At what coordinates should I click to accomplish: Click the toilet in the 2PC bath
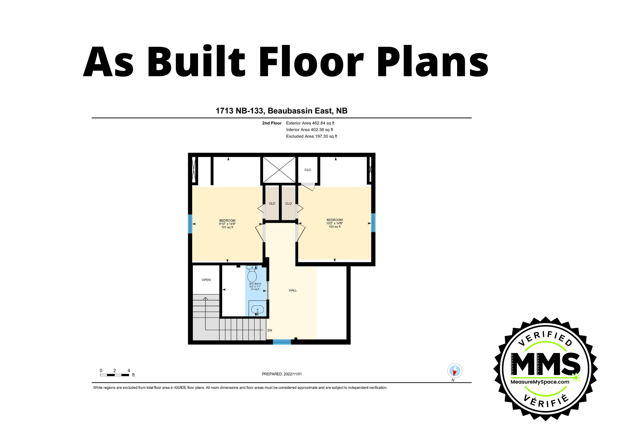click(x=252, y=274)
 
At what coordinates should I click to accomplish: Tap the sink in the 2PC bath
click(x=257, y=309)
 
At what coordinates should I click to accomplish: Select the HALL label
click(x=293, y=290)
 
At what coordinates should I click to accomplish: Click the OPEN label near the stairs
click(x=206, y=280)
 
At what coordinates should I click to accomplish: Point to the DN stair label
click(x=270, y=330)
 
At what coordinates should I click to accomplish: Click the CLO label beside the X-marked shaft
click(x=308, y=170)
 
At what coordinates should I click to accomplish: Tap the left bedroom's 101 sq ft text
click(x=227, y=227)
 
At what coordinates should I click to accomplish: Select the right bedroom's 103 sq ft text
click(x=335, y=227)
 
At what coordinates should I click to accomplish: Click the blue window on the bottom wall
click(x=282, y=342)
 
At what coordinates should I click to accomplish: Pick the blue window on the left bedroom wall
click(x=190, y=224)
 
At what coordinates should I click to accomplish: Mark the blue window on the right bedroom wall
click(x=373, y=222)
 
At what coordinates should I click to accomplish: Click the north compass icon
click(x=454, y=371)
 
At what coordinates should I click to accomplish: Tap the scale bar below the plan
click(x=115, y=375)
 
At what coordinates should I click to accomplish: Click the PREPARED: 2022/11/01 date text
click(x=282, y=374)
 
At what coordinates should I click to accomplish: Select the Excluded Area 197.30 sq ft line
click(x=311, y=136)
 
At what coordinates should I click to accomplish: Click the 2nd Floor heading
click(x=272, y=123)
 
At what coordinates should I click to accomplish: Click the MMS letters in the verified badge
click(x=545, y=365)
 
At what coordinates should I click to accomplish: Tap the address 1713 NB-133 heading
click(x=281, y=111)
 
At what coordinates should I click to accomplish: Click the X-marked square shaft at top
click(x=279, y=170)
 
